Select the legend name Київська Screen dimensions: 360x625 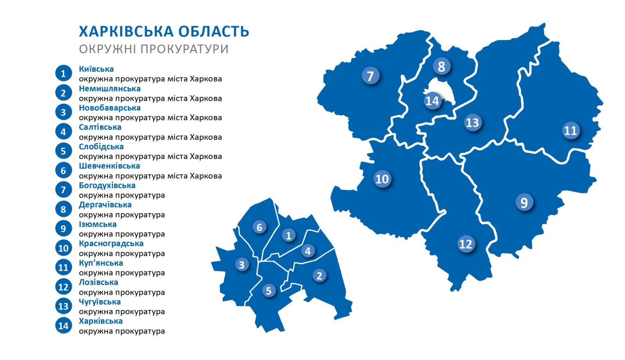click(96, 69)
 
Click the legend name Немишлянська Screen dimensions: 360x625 click(110, 89)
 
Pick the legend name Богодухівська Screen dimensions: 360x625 click(107, 185)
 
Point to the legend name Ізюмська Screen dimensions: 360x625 click(98, 224)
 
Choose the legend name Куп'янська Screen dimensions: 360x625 click(101, 263)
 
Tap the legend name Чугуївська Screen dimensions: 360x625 click(100, 302)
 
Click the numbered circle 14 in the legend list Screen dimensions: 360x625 click(63, 326)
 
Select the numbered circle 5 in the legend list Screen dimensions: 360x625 click(63, 151)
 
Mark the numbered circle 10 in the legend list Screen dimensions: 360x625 click(63, 248)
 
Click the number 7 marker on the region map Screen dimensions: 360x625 click(370, 76)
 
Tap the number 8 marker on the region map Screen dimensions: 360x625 click(441, 66)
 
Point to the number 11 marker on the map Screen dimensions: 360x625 click(570, 130)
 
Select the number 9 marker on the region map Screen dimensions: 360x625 click(524, 203)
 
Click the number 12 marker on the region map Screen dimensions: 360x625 click(466, 244)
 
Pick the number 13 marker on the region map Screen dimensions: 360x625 click(472, 123)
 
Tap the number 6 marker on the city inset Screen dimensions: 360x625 click(259, 227)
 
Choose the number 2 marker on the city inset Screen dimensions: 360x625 click(319, 276)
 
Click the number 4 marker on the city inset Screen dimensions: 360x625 click(308, 251)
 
